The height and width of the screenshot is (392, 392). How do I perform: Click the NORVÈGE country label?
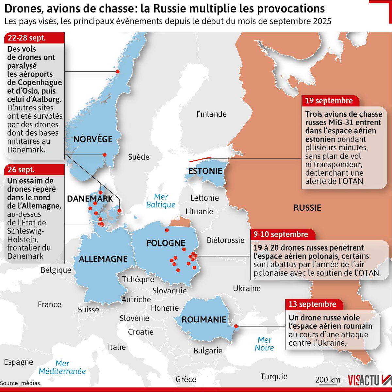pyautogui.click(x=93, y=139)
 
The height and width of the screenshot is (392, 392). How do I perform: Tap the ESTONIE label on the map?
pyautogui.click(x=205, y=171)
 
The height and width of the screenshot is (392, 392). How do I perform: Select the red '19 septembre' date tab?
pyautogui.click(x=329, y=101)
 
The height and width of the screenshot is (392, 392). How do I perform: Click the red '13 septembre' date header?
pyautogui.click(x=312, y=304)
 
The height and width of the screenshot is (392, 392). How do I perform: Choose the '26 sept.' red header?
pyautogui.click(x=22, y=170)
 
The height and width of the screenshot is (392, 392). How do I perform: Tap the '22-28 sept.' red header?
pyautogui.click(x=27, y=38)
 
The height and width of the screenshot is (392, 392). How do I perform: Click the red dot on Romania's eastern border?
pyautogui.click(x=236, y=326)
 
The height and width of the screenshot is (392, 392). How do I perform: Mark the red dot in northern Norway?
pyautogui.click(x=118, y=72)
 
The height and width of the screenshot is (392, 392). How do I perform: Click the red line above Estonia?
pyautogui.click(x=200, y=159)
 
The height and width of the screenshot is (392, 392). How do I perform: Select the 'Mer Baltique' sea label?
pyautogui.click(x=161, y=201)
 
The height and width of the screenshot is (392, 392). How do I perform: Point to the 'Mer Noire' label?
pyautogui.click(x=264, y=344)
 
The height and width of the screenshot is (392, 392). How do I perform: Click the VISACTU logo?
pyautogui.click(x=369, y=381)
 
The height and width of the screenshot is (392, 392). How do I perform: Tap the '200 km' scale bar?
pyautogui.click(x=328, y=380)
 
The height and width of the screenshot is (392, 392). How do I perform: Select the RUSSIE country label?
pyautogui.click(x=307, y=208)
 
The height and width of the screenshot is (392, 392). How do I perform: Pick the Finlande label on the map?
pyautogui.click(x=211, y=114)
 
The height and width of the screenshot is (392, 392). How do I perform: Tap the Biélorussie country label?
pyautogui.click(x=225, y=240)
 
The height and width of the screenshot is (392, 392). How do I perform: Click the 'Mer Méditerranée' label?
pyautogui.click(x=62, y=367)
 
